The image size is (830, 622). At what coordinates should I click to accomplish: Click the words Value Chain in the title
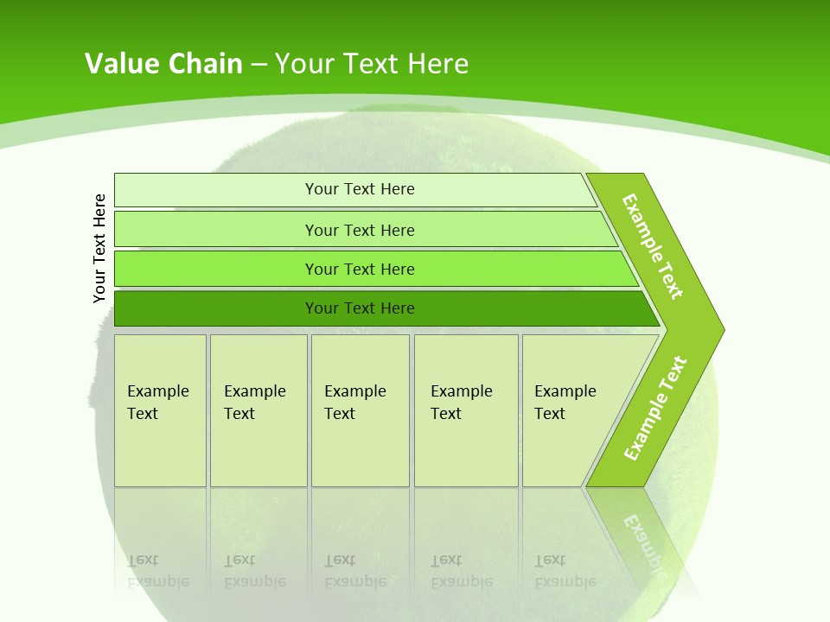coord(163,63)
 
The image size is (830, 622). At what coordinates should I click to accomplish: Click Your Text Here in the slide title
coord(372,63)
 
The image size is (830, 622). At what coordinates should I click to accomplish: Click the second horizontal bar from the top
coord(360,230)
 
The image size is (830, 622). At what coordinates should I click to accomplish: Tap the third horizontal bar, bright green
coord(360,269)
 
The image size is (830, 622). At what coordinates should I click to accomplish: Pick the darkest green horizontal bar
coord(360,308)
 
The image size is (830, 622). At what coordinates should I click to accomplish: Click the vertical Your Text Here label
coord(99,248)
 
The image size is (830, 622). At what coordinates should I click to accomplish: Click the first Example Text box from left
coord(160,409)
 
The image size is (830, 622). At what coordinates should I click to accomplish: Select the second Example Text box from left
coord(258,409)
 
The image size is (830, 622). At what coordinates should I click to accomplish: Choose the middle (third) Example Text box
coord(360,409)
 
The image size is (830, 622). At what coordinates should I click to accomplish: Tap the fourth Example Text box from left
coord(465,409)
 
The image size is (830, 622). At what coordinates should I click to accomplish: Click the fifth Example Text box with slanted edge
coord(571,409)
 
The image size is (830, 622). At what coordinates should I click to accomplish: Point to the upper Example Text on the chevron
coord(653,246)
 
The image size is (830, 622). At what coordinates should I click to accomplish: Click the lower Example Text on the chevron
coord(655,408)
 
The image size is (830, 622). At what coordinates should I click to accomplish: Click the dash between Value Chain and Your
coord(259,64)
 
